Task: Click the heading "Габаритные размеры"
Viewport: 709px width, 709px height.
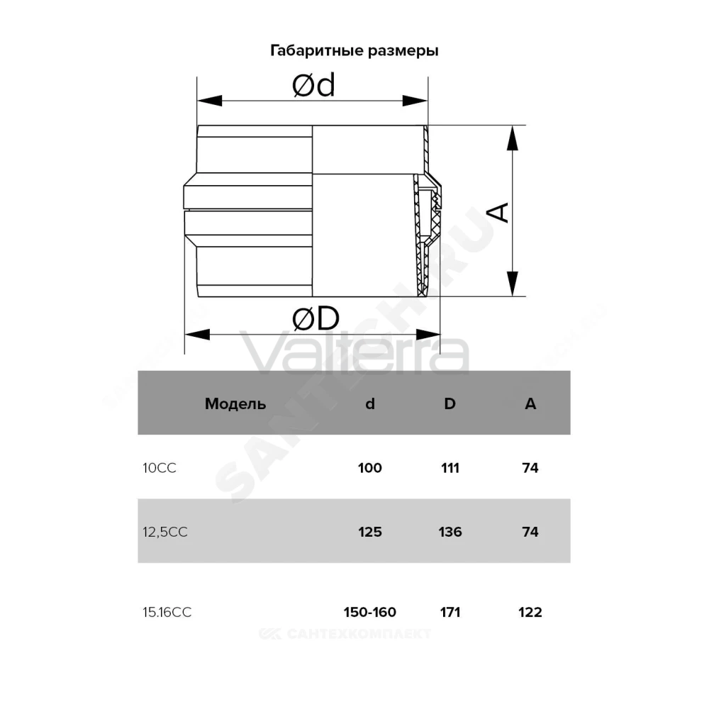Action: click(354, 50)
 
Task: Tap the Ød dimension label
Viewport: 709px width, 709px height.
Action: click(313, 85)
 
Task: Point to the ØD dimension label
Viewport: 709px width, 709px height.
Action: click(316, 319)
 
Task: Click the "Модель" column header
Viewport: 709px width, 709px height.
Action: click(235, 404)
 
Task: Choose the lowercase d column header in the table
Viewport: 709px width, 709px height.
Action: click(370, 403)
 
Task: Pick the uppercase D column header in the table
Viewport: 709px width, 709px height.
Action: click(450, 403)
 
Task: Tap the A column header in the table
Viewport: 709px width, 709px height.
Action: click(530, 403)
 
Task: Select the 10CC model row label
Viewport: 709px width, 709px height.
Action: click(159, 468)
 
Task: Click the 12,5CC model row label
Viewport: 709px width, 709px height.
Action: click(165, 532)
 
